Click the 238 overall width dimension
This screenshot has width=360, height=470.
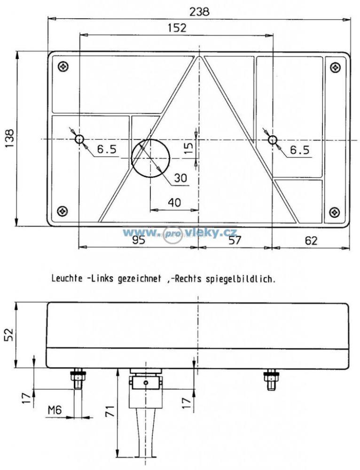(x=199, y=12)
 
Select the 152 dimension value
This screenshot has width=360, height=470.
(x=177, y=28)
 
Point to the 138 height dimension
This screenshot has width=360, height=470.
(x=9, y=139)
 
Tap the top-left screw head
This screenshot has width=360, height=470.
(x=63, y=67)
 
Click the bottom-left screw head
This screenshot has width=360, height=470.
(x=63, y=211)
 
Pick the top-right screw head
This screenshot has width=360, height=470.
(x=335, y=67)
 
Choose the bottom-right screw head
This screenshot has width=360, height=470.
(x=335, y=212)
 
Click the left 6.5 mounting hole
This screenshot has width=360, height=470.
(x=79, y=139)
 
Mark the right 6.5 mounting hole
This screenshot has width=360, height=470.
(x=273, y=140)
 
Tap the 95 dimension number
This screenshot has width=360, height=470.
(x=139, y=240)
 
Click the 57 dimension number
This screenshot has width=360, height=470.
(x=235, y=240)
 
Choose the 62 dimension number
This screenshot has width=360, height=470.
(x=311, y=240)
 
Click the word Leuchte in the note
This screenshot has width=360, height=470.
(x=67, y=278)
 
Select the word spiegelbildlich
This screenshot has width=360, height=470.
(x=241, y=279)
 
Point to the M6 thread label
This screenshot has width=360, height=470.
(x=55, y=409)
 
